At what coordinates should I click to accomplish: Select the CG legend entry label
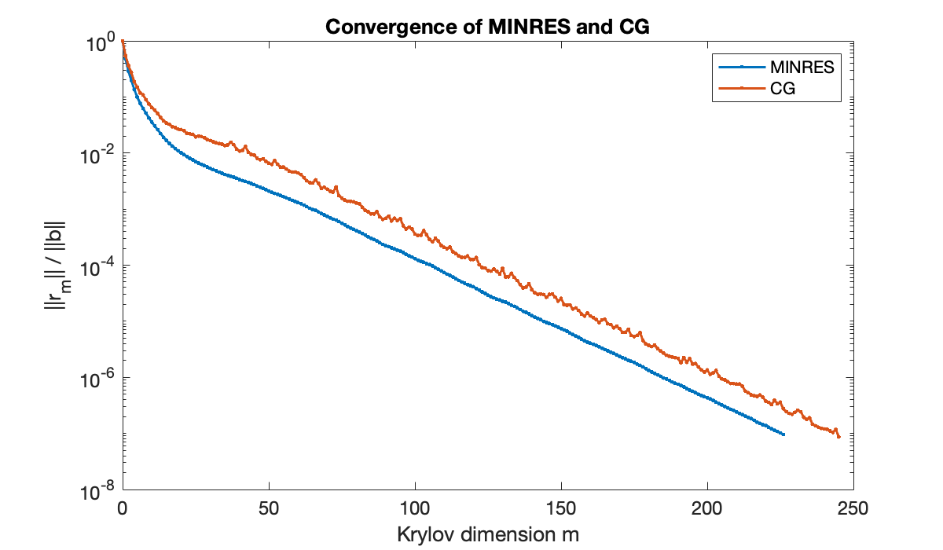(x=783, y=89)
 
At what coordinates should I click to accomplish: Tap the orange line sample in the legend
(x=739, y=89)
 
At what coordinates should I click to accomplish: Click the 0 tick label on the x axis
(x=123, y=508)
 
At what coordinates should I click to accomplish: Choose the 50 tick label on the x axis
(x=269, y=508)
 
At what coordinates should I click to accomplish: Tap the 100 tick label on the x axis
(x=415, y=508)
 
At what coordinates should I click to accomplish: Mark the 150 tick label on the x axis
(x=561, y=508)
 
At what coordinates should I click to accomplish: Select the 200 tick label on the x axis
(x=707, y=508)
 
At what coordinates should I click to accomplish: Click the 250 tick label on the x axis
(x=853, y=508)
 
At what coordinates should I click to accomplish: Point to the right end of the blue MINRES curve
(x=783, y=434)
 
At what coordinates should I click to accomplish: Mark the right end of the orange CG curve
(x=839, y=437)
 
